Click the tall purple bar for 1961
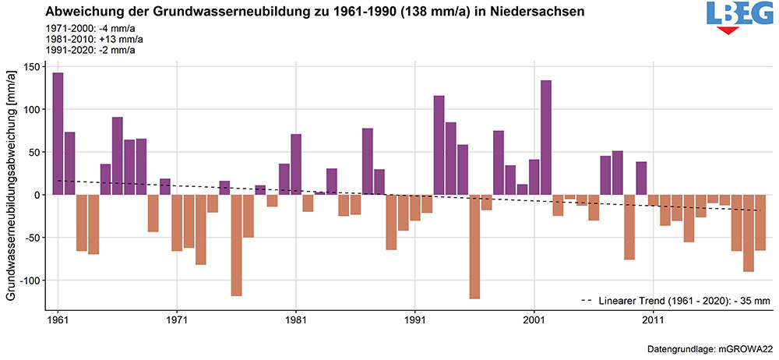click(x=58, y=133)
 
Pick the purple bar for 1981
click(x=296, y=164)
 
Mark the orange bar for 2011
click(x=653, y=200)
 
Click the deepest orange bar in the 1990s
click(x=474, y=246)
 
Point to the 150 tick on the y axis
click(x=30, y=67)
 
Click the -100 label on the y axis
click(x=28, y=280)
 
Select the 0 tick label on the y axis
click(x=36, y=195)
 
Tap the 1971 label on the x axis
click(x=177, y=320)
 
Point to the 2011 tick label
click(x=653, y=320)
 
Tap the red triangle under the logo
click(x=728, y=30)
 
